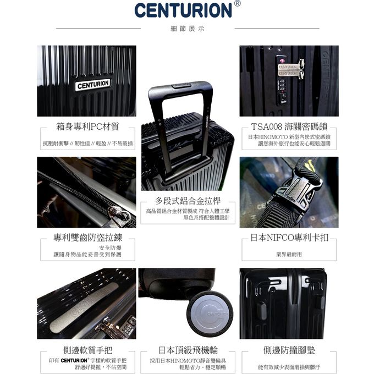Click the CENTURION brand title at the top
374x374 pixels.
(x=183, y=10)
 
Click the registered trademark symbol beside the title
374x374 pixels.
(x=237, y=4)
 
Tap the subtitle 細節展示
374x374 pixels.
(x=187, y=28)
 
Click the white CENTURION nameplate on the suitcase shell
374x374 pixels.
(x=93, y=85)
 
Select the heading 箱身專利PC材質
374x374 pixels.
(x=87, y=127)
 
